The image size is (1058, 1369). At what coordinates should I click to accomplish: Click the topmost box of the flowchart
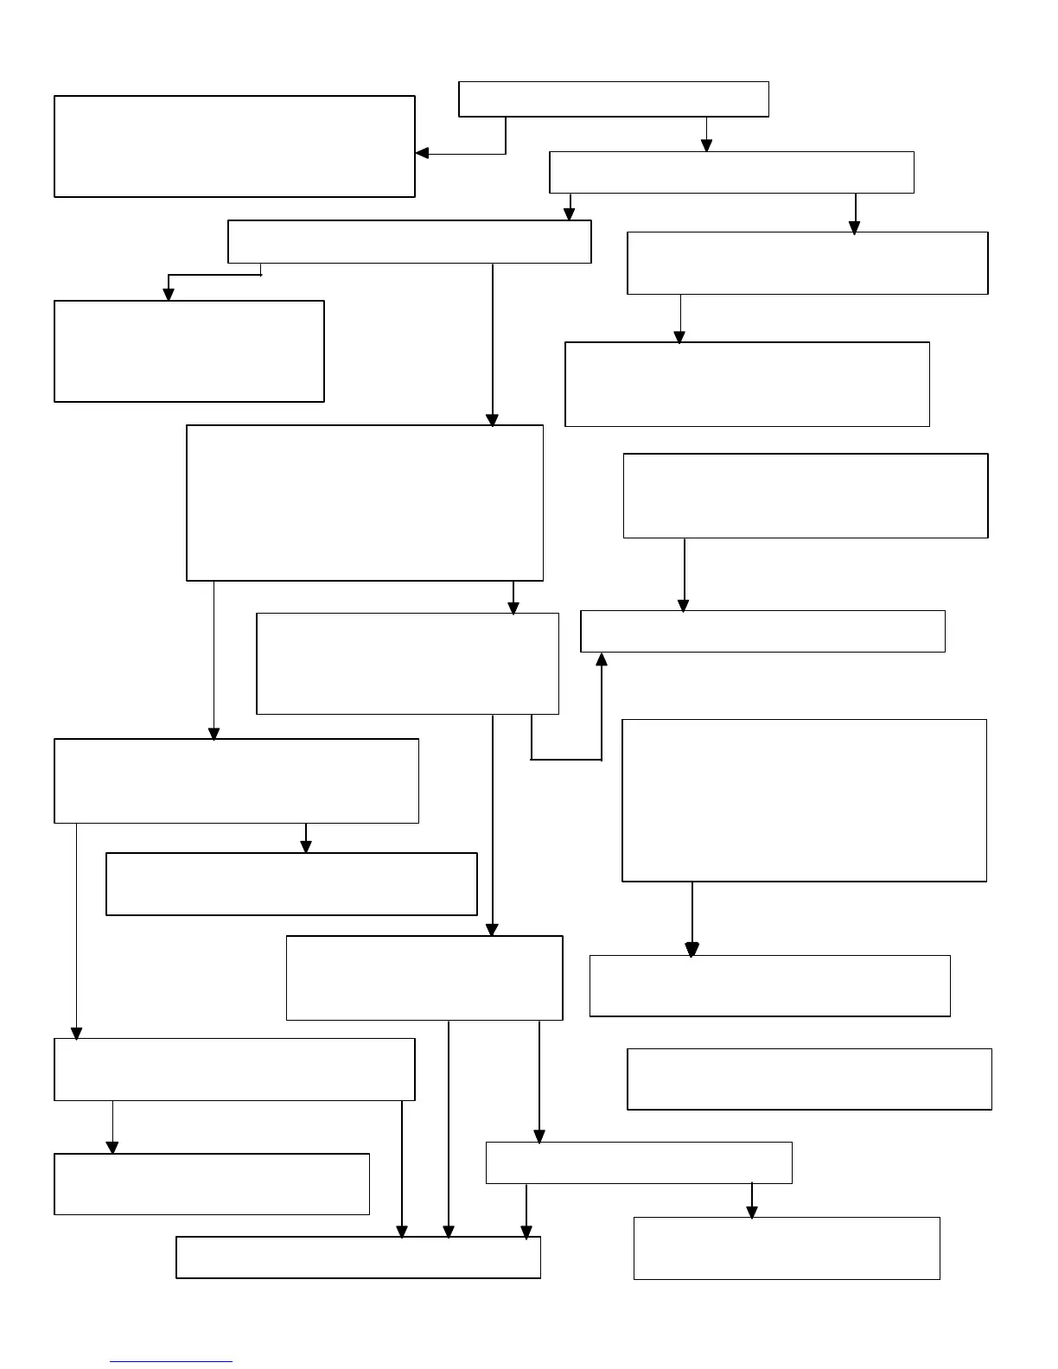click(x=613, y=99)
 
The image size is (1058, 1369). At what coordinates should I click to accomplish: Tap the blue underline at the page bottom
click(x=171, y=1362)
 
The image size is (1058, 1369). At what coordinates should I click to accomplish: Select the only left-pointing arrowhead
click(x=423, y=154)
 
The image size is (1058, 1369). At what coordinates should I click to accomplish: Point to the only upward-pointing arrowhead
click(x=602, y=659)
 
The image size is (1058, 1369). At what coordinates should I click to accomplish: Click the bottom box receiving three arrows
click(x=358, y=1258)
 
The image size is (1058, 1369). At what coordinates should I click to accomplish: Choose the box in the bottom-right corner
click(x=787, y=1248)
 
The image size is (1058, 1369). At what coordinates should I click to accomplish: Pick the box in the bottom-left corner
click(x=212, y=1184)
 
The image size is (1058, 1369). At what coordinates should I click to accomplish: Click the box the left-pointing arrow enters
click(x=234, y=147)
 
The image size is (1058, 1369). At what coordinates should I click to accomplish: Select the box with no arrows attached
click(x=809, y=1079)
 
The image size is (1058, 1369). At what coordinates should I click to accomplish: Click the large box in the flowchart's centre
click(x=365, y=503)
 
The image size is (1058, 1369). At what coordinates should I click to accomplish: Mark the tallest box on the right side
click(x=804, y=800)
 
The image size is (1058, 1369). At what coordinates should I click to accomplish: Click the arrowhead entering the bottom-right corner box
click(x=752, y=1212)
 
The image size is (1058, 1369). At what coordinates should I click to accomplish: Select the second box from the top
click(x=731, y=173)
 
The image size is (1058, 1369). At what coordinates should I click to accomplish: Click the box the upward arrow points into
click(x=762, y=632)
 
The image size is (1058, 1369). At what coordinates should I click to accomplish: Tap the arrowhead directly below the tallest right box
click(x=692, y=949)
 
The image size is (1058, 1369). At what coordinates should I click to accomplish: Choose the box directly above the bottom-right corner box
click(x=639, y=1162)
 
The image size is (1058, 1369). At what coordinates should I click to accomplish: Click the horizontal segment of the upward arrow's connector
click(x=566, y=760)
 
